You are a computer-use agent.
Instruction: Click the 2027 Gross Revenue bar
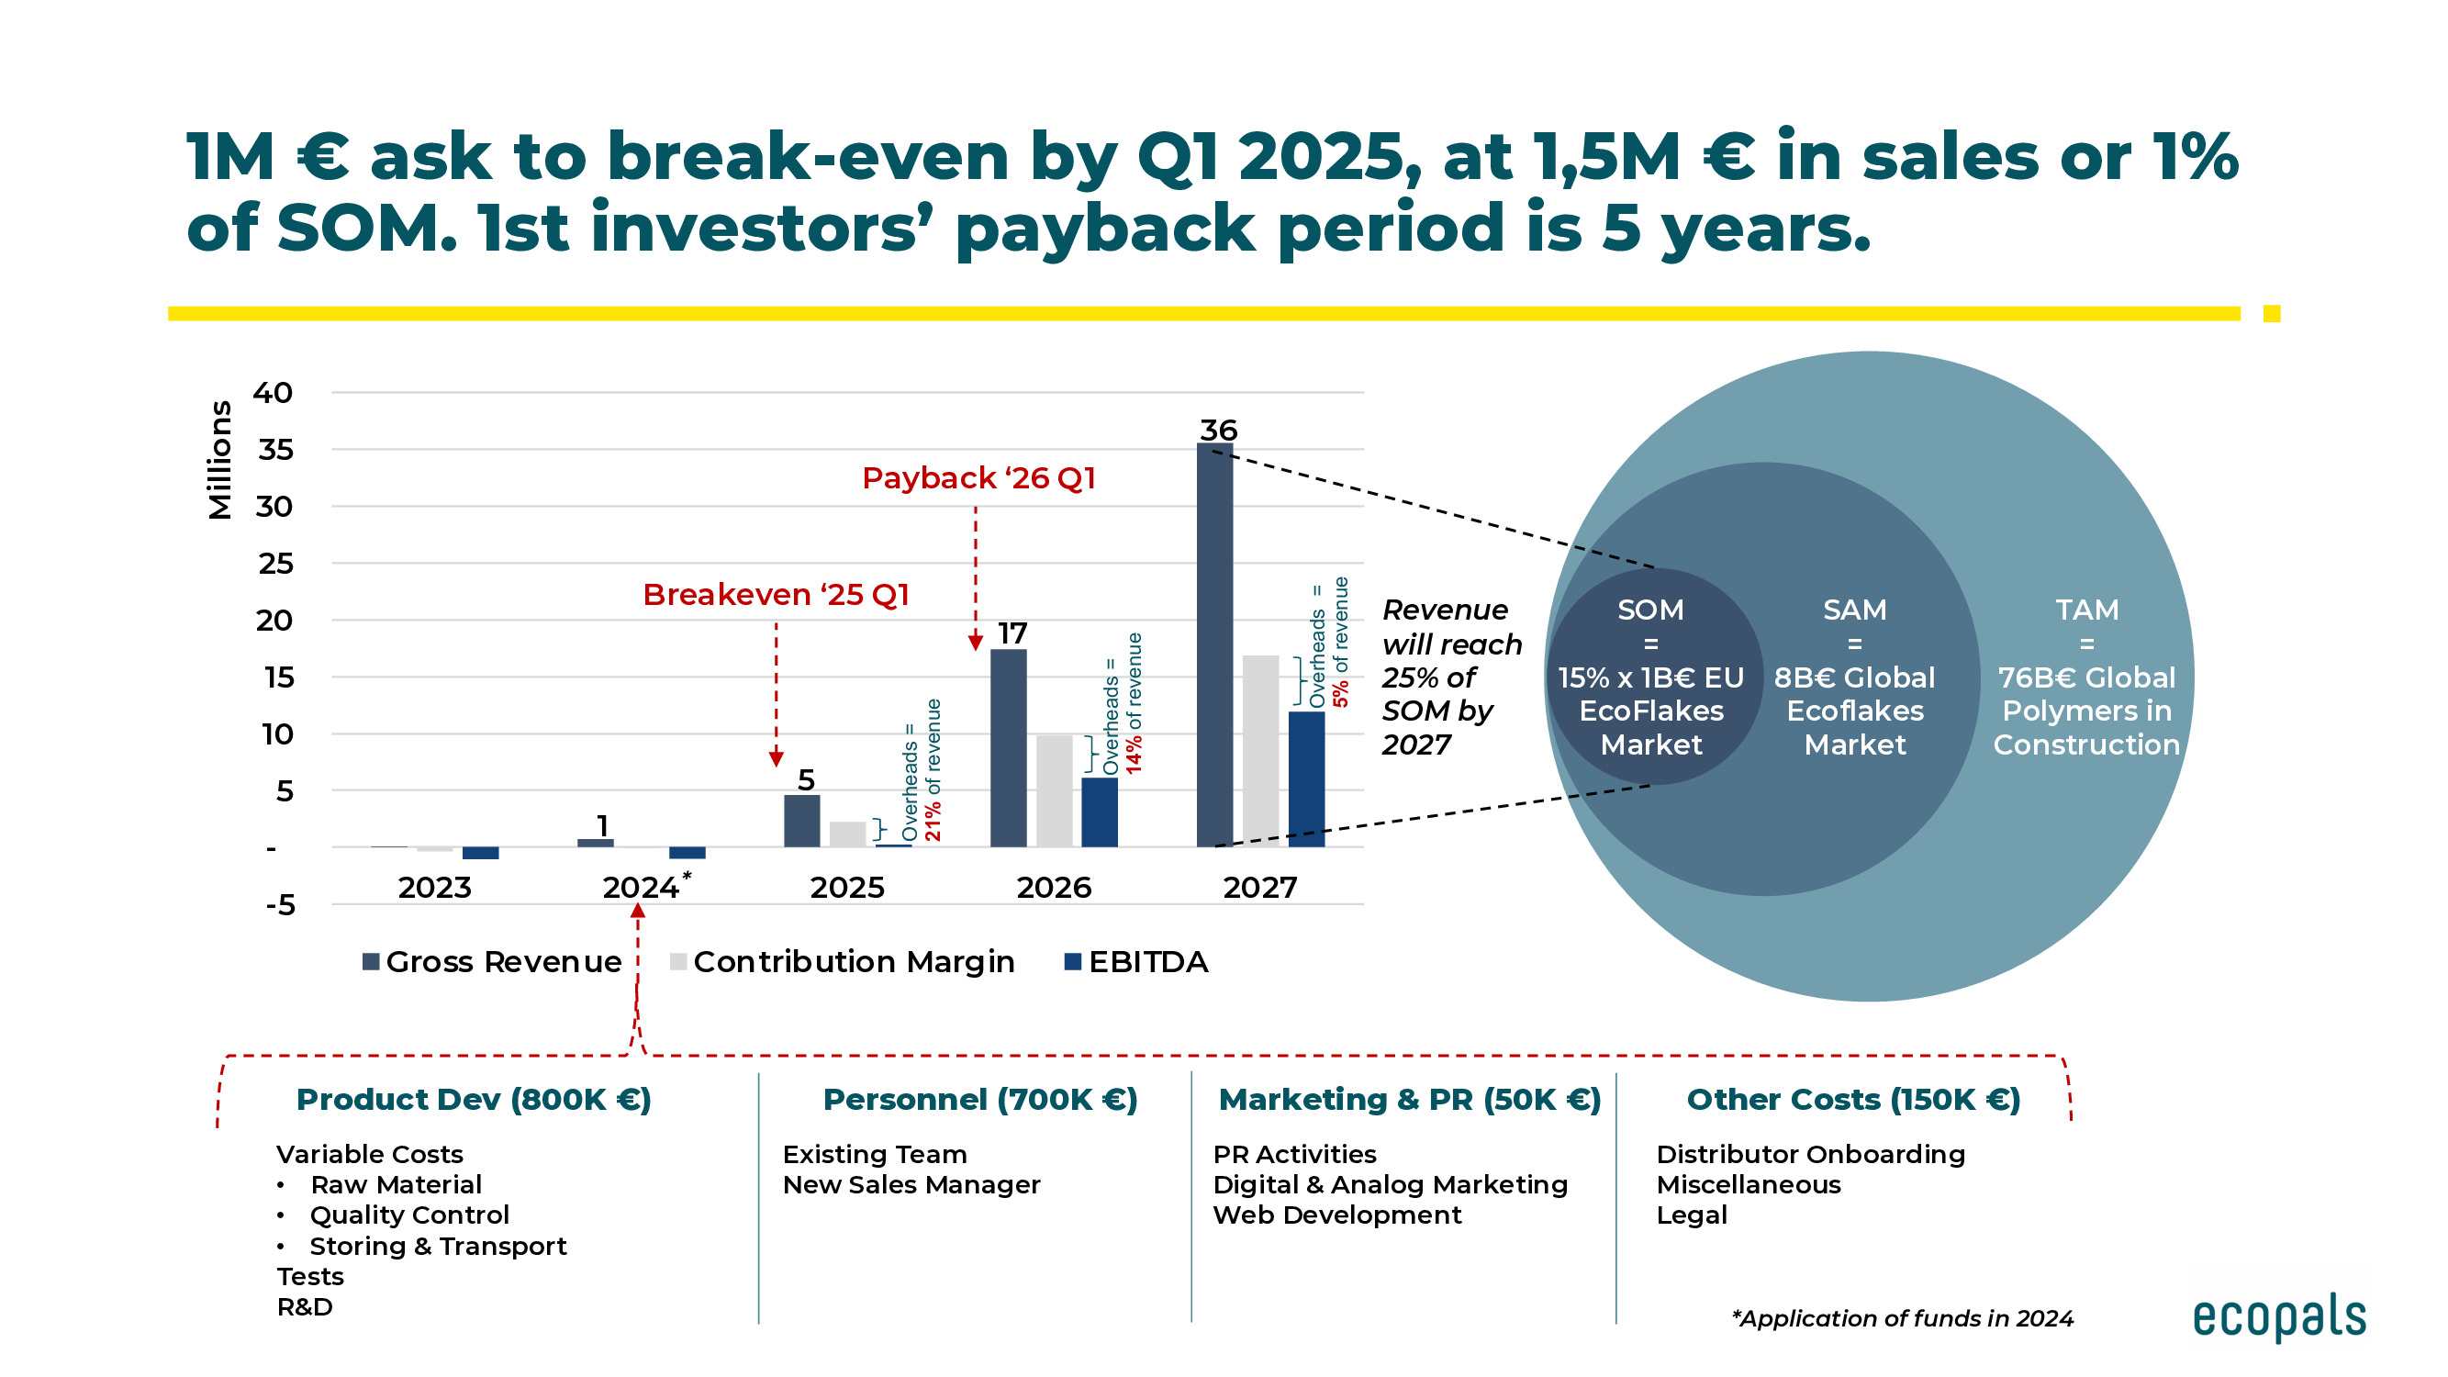1214,646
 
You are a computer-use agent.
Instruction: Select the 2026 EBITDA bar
1100,812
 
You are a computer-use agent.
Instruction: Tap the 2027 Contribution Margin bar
1260,751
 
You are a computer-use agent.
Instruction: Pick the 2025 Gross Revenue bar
801,821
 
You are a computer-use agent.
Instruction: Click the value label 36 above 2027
1217,431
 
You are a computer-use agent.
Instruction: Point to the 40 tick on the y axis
273,393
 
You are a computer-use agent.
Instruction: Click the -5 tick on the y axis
280,905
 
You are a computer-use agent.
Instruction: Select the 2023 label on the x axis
434,888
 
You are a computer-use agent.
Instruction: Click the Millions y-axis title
219,460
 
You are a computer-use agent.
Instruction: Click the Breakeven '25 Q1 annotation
776,595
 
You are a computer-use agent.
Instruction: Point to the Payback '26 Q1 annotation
978,478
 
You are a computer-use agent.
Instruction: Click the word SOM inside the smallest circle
1649,610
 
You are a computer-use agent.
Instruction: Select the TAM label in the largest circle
2086,610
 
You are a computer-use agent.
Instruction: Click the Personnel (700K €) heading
978,1100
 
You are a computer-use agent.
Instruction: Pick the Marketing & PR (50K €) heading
1409,1100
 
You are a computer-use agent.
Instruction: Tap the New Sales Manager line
911,1185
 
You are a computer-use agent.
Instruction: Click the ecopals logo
2278,1317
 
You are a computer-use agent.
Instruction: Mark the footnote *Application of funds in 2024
1902,1319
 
